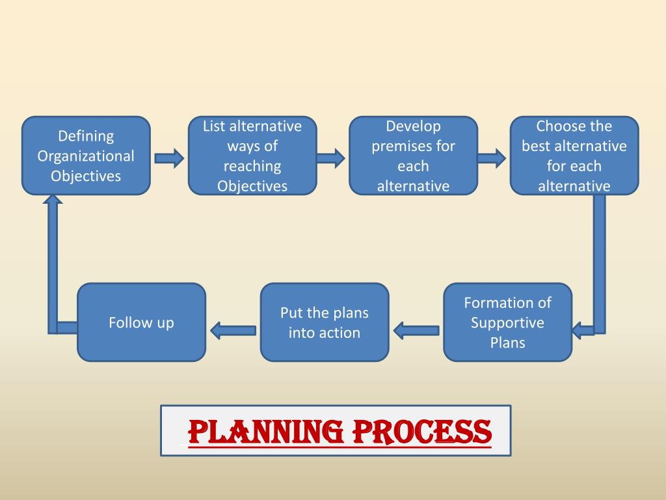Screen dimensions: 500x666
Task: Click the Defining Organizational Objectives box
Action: click(x=86, y=156)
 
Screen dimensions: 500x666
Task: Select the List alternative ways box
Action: click(x=252, y=156)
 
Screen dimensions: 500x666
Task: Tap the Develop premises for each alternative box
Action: click(x=413, y=156)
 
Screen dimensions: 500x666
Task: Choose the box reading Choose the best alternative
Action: click(x=574, y=156)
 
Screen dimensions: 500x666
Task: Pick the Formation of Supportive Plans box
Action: click(x=507, y=322)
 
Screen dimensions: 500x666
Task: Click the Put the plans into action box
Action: click(x=324, y=322)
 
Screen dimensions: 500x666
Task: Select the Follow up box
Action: click(x=141, y=322)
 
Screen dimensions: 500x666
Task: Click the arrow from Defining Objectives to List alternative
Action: click(x=169, y=158)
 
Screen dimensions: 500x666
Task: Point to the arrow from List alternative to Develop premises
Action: click(x=330, y=158)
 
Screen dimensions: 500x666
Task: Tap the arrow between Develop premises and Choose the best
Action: click(x=491, y=158)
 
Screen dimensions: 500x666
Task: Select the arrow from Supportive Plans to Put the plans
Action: click(x=416, y=331)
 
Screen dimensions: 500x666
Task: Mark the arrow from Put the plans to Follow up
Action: click(x=233, y=331)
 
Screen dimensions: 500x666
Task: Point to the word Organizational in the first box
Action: click(x=86, y=156)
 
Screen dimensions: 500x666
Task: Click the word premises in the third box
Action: click(x=413, y=146)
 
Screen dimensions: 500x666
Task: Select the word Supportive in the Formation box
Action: click(x=507, y=323)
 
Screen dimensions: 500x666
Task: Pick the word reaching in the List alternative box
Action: click(x=252, y=166)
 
